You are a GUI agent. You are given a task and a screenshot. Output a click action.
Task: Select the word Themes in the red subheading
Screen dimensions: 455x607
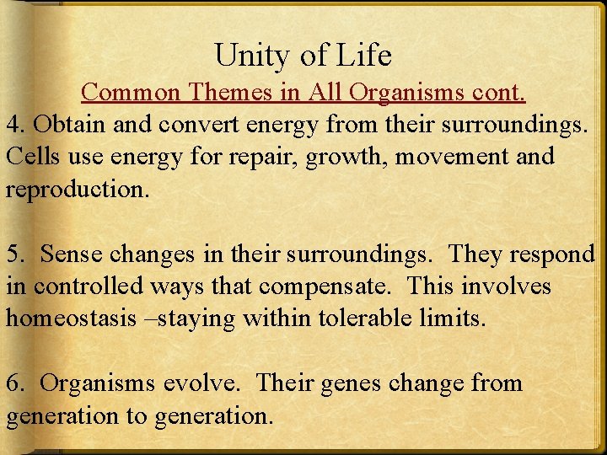coord(222,90)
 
